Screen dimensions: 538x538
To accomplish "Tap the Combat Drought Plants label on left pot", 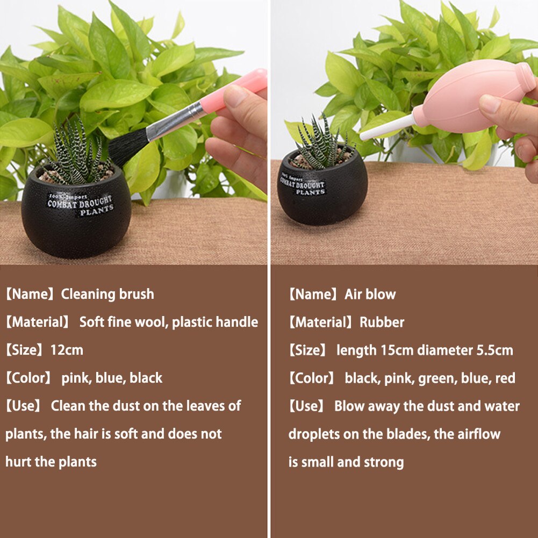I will (x=80, y=205).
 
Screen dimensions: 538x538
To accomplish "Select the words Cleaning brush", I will (x=107, y=295).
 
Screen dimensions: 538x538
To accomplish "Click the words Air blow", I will (x=370, y=295).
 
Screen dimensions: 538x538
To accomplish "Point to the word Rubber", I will (x=382, y=322).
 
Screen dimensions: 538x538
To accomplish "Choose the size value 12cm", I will (x=67, y=350).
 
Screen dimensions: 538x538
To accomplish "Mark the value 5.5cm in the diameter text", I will (x=494, y=350).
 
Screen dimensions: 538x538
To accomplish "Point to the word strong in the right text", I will (x=384, y=462).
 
